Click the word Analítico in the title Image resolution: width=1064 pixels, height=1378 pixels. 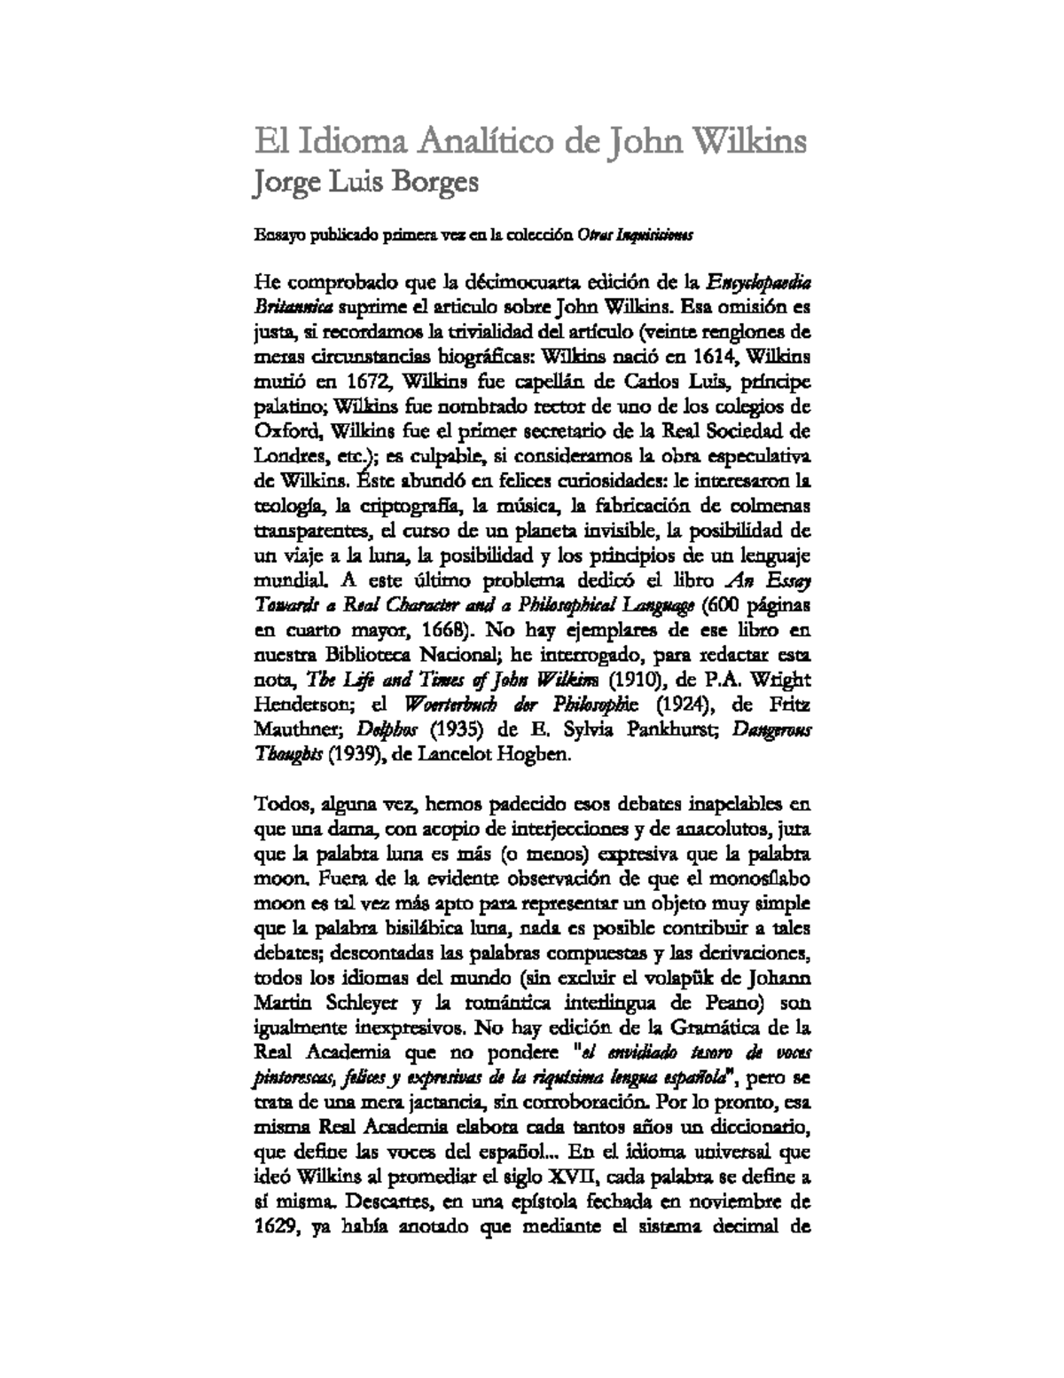[494, 142]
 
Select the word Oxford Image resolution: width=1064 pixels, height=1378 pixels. [282, 432]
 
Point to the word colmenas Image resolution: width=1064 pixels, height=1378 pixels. [771, 507]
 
